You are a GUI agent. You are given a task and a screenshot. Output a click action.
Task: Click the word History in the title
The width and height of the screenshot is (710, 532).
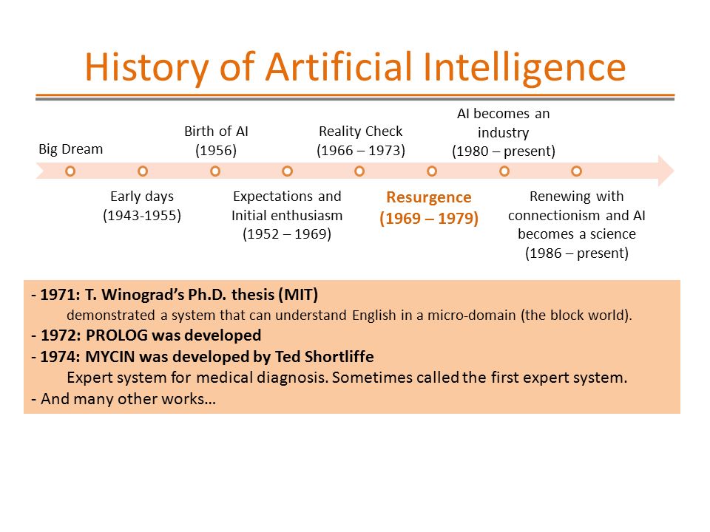pyautogui.click(x=146, y=68)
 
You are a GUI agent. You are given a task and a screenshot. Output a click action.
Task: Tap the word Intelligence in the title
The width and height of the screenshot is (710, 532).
pyautogui.click(x=524, y=68)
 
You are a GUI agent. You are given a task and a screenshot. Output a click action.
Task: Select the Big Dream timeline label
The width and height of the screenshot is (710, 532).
pyautogui.click(x=71, y=149)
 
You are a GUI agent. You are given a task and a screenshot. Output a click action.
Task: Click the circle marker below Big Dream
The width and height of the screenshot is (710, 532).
pyautogui.click(x=70, y=171)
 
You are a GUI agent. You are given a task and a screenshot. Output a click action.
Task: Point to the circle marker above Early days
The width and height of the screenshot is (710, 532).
pyautogui.click(x=143, y=171)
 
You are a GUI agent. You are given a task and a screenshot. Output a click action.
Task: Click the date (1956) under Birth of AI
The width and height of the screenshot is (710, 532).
pyautogui.click(x=216, y=150)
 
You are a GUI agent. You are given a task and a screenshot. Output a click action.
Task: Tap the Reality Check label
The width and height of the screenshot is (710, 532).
pyautogui.click(x=360, y=132)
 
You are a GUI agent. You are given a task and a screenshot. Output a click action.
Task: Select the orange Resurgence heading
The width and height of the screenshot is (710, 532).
pyautogui.click(x=429, y=197)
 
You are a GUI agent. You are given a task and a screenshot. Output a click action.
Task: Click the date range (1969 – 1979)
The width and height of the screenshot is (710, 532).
pyautogui.click(x=429, y=219)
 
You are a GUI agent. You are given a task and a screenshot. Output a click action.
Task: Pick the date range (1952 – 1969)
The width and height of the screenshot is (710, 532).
pyautogui.click(x=287, y=234)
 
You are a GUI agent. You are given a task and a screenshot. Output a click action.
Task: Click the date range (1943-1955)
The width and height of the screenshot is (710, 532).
pyautogui.click(x=142, y=215)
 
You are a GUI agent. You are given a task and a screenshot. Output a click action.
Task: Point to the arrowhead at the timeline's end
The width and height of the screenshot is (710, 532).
pyautogui.click(x=673, y=171)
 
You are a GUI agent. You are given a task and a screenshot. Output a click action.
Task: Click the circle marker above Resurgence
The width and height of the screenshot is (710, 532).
pyautogui.click(x=432, y=171)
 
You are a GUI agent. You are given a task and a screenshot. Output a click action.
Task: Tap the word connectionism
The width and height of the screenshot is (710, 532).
pyautogui.click(x=555, y=215)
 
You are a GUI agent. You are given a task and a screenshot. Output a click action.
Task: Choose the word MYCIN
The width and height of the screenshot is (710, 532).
pyautogui.click(x=110, y=356)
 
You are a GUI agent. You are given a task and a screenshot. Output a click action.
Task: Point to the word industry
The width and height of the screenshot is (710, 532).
pyautogui.click(x=503, y=132)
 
